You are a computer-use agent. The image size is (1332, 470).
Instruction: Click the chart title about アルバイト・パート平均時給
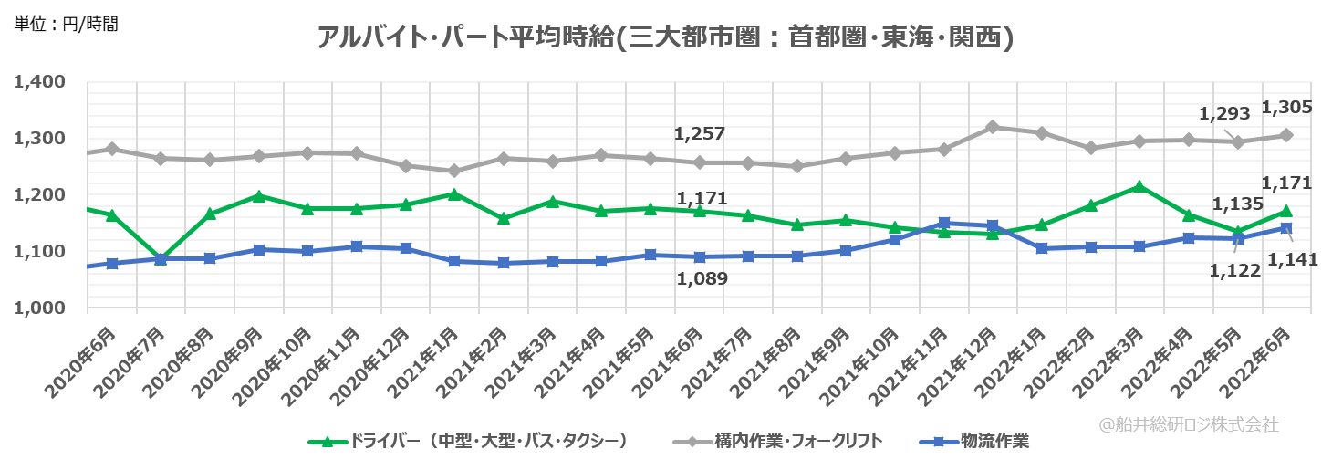[x=665, y=37]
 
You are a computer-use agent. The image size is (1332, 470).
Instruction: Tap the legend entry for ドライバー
[x=469, y=442]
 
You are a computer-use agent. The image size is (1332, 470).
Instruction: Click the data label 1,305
[x=1286, y=107]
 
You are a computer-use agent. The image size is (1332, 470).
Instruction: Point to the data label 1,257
[x=700, y=133]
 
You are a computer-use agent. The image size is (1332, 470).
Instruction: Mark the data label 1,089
[x=702, y=278]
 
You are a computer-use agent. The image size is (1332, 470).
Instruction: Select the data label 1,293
[x=1223, y=115]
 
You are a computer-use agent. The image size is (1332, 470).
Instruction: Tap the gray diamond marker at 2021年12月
[x=993, y=127]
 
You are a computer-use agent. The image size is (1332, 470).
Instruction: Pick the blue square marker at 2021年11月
[x=944, y=223]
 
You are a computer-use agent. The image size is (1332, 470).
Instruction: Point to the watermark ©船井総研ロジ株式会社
[x=1189, y=424]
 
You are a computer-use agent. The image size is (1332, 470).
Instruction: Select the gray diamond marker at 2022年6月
[x=1285, y=135]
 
